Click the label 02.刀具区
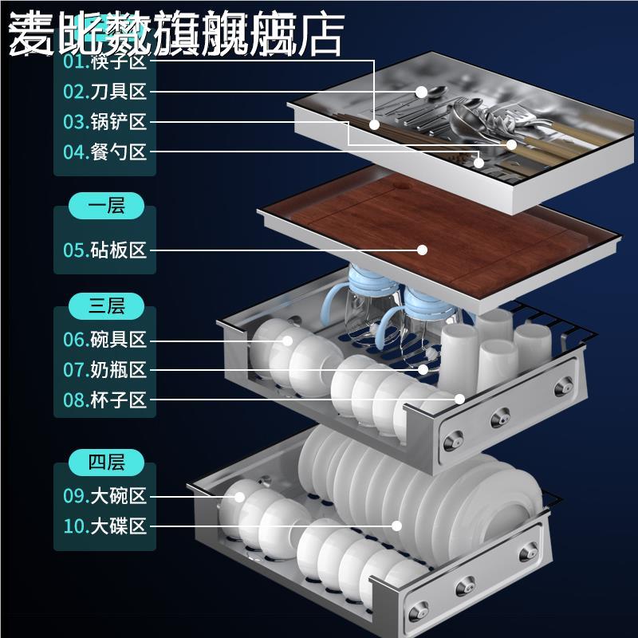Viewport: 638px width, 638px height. tap(105, 92)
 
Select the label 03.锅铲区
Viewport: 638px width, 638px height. tap(105, 122)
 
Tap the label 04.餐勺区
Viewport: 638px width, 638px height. tap(105, 152)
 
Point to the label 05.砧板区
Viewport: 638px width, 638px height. tap(105, 250)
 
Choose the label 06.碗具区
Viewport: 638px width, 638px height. tap(105, 340)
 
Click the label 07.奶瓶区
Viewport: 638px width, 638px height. tap(105, 370)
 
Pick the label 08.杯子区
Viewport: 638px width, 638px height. tap(105, 400)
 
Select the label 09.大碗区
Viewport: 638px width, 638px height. tap(105, 496)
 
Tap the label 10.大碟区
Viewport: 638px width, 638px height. tap(105, 526)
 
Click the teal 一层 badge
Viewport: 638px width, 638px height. tap(106, 207)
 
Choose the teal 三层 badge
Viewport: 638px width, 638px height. tap(106, 305)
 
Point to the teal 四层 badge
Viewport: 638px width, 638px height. tap(106, 462)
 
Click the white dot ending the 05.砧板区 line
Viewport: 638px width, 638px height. tap(422, 250)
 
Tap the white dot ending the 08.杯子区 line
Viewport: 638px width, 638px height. tap(459, 399)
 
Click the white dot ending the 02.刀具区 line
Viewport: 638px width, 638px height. tap(420, 92)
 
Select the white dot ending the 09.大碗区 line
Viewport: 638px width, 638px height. tap(238, 496)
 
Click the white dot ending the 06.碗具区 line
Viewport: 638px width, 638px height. tap(285, 341)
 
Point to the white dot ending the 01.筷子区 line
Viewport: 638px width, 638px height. tap(374, 124)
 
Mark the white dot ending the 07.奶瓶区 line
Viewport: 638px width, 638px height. tap(423, 370)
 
